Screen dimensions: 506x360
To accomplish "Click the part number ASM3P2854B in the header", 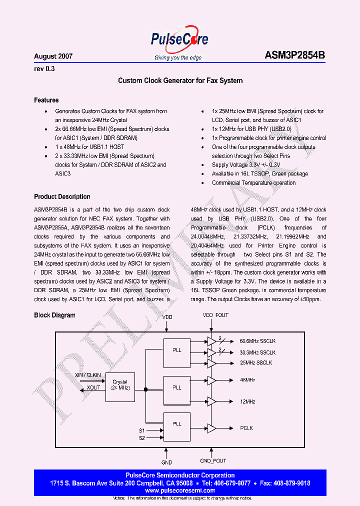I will click(294, 56).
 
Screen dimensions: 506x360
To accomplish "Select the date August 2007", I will click(53, 56).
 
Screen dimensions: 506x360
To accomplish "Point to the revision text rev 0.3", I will click(44, 69).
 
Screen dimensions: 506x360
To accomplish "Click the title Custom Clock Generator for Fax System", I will click(180, 80).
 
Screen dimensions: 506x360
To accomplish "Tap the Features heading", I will click(46, 100).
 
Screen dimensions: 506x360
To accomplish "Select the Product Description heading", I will click(62, 196).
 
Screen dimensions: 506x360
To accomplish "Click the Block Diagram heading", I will click(54, 315).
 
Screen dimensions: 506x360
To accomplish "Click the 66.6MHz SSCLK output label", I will click(257, 341).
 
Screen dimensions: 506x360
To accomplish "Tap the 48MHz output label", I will click(247, 380).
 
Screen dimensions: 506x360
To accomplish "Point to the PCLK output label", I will click(246, 428).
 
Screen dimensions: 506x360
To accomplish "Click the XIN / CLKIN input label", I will click(87, 374).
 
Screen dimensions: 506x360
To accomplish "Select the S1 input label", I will click(141, 430).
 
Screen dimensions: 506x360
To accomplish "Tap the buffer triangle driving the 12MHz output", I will click(211, 401).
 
